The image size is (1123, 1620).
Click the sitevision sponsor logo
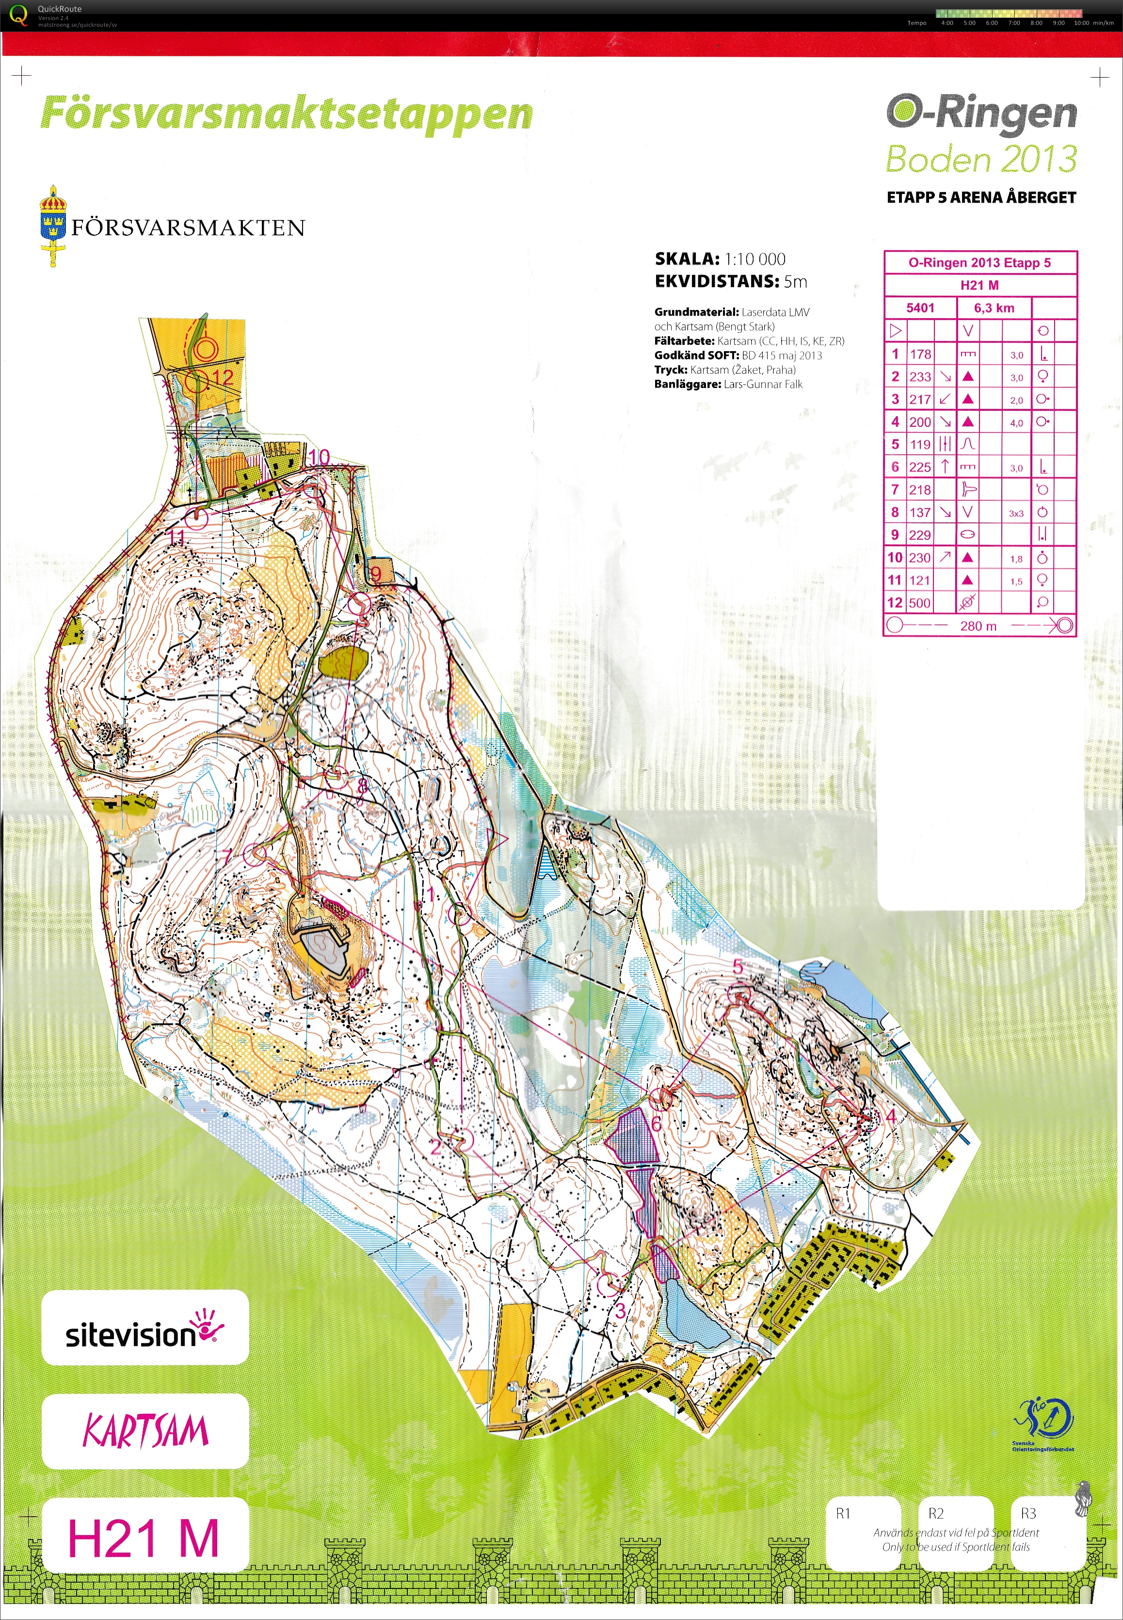(144, 1334)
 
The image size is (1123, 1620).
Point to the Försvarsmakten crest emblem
(53, 225)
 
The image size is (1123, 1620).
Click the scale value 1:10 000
(754, 259)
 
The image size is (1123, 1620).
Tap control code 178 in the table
(920, 354)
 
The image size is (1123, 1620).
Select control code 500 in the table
(920, 603)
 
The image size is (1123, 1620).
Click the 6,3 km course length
(994, 308)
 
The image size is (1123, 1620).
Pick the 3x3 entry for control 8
(1016, 514)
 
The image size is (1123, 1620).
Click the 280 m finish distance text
(978, 626)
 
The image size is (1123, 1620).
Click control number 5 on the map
(738, 967)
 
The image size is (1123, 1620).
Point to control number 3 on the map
(620, 1311)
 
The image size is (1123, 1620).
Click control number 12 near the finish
(223, 378)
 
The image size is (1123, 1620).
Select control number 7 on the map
(227, 855)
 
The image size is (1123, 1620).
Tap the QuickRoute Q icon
(19, 14)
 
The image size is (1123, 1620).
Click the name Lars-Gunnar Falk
(763, 384)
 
